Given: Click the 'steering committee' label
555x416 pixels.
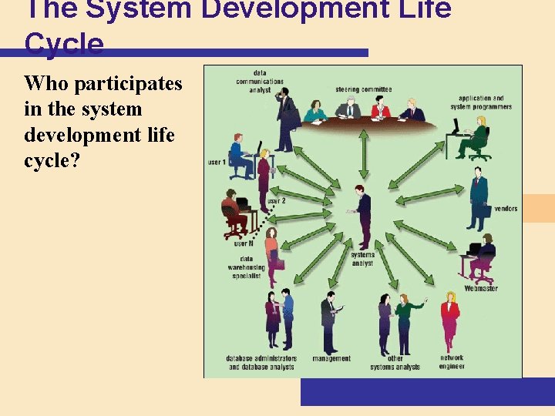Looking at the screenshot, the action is [x=363, y=89].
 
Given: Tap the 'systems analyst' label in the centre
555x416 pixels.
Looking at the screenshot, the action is [x=362, y=259].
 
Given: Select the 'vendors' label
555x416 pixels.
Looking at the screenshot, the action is [x=506, y=209].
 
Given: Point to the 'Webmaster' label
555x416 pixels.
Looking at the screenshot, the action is [x=481, y=289].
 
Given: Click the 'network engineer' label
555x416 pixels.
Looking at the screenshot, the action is [x=452, y=362].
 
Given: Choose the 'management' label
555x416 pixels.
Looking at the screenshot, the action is [x=331, y=358].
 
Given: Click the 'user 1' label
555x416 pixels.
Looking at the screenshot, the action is [x=217, y=163].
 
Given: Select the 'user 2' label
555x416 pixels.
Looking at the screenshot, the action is [x=276, y=201].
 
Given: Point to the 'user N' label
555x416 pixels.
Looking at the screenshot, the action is [x=244, y=243].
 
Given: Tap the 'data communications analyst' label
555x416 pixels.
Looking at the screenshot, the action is [x=259, y=81].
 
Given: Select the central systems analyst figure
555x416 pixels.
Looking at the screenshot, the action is [x=361, y=216].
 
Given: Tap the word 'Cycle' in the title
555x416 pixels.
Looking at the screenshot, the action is [x=64, y=45].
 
